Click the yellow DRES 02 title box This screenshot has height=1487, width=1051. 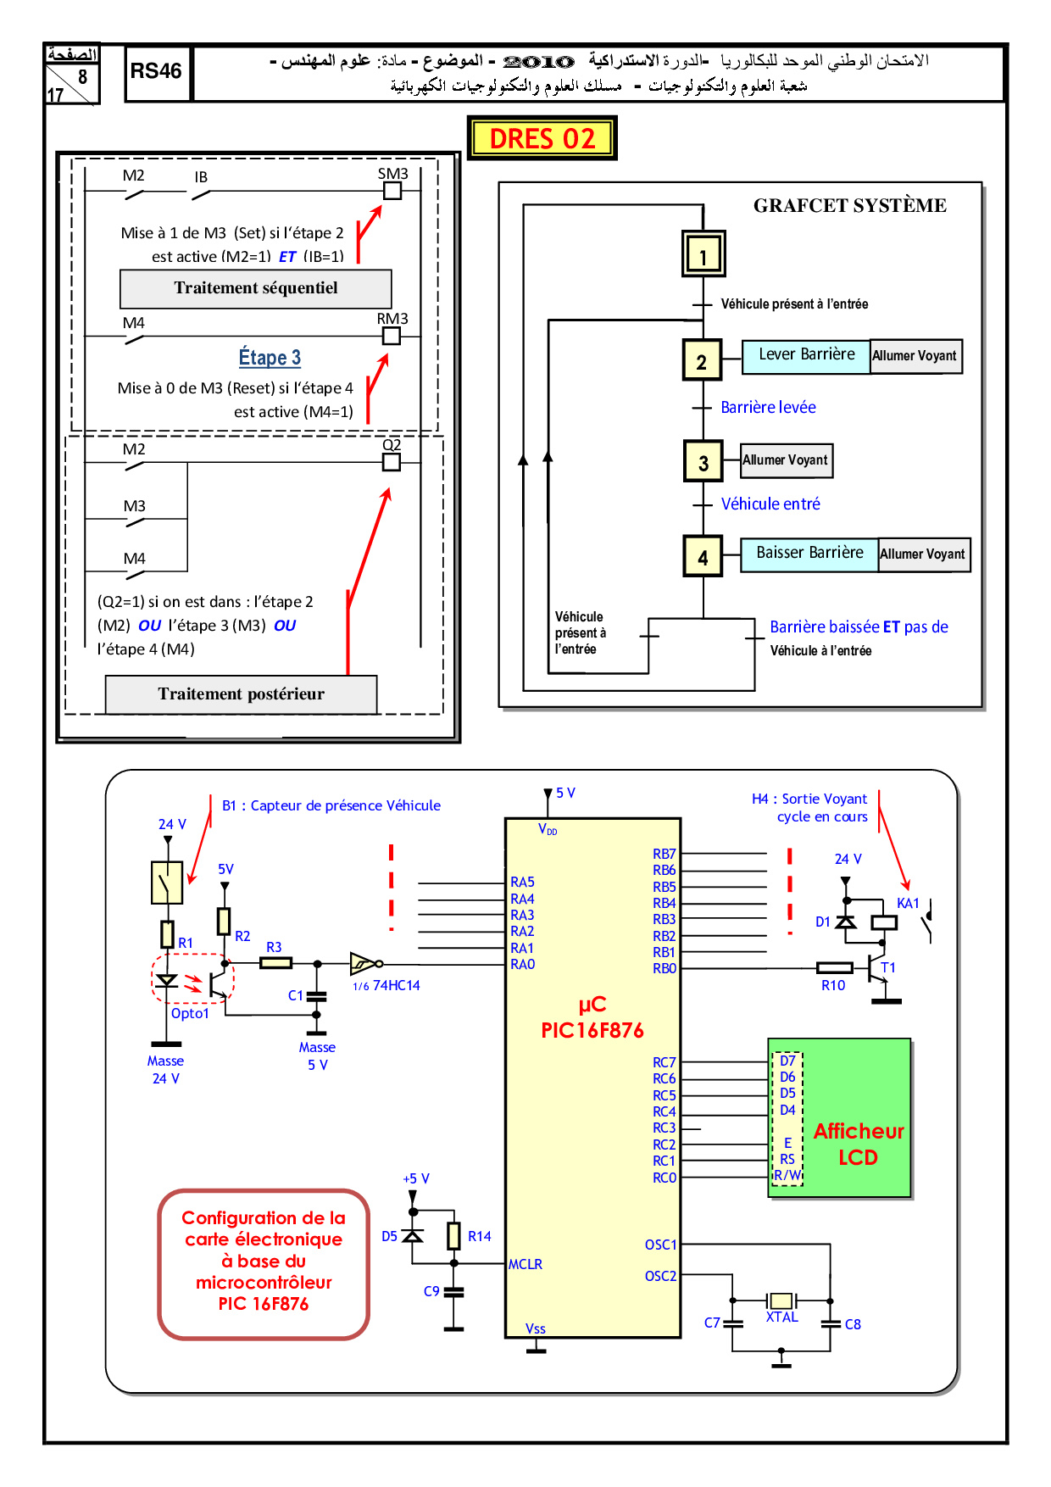pyautogui.click(x=542, y=138)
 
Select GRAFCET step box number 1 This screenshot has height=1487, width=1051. pyautogui.click(x=703, y=253)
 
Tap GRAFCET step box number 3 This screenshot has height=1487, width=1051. pyautogui.click(x=703, y=462)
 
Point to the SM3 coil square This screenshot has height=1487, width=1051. pyautogui.click(x=392, y=192)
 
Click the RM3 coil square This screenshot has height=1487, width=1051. pyautogui.click(x=392, y=337)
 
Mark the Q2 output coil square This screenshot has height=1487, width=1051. pyautogui.click(x=392, y=462)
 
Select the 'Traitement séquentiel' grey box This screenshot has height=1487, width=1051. pyautogui.click(x=255, y=289)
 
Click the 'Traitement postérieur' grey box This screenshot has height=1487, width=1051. pyautogui.click(x=241, y=694)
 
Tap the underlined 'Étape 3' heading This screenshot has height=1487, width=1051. pyautogui.click(x=270, y=358)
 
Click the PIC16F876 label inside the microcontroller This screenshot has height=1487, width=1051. pyautogui.click(x=592, y=1030)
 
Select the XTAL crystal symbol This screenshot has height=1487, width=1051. pyautogui.click(x=781, y=1300)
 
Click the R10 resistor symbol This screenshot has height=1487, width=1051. pyautogui.click(x=835, y=967)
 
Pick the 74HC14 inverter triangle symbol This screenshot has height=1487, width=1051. pyautogui.click(x=363, y=964)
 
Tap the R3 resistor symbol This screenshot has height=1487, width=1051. pyautogui.click(x=276, y=963)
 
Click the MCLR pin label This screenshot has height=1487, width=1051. pyautogui.click(x=525, y=1264)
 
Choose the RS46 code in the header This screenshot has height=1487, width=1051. pyautogui.click(x=156, y=71)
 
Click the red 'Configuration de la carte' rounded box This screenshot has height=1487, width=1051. pyautogui.click(x=264, y=1263)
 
